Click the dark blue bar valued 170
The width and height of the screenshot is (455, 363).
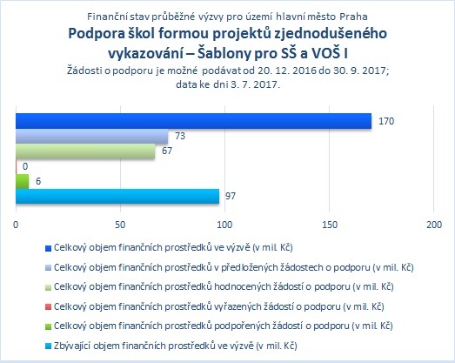[193, 121]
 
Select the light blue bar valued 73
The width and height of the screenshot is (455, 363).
[92, 136]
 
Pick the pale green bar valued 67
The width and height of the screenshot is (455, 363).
[85, 151]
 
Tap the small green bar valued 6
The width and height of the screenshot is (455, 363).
[23, 181]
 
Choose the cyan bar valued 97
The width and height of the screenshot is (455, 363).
[117, 197]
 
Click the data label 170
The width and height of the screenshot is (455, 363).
[386, 121]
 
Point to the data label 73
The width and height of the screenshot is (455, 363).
[180, 136]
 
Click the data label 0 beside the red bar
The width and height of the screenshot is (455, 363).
[25, 166]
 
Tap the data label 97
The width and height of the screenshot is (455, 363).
[231, 197]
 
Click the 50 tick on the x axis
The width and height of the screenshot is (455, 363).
[120, 225]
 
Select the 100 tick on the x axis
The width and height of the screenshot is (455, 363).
[224, 225]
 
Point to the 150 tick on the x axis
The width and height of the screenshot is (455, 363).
[330, 225]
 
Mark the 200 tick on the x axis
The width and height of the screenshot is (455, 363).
[434, 225]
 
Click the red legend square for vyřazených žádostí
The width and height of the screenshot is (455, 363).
[48, 307]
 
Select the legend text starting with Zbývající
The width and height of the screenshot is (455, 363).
[175, 346]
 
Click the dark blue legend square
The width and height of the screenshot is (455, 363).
[48, 248]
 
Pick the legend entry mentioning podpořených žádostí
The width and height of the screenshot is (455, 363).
[223, 326]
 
